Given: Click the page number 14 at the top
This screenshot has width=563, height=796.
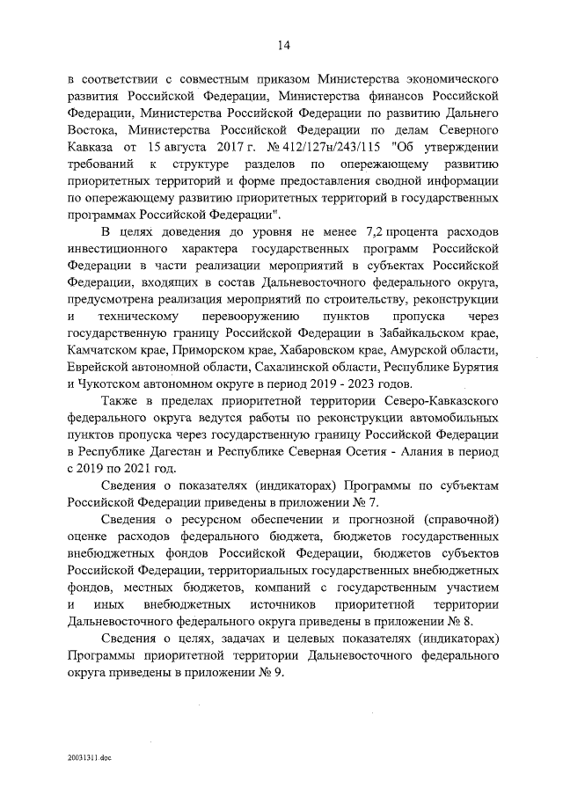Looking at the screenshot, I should pos(283,46).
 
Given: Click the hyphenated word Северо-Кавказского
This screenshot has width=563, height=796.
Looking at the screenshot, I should pos(443,400).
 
